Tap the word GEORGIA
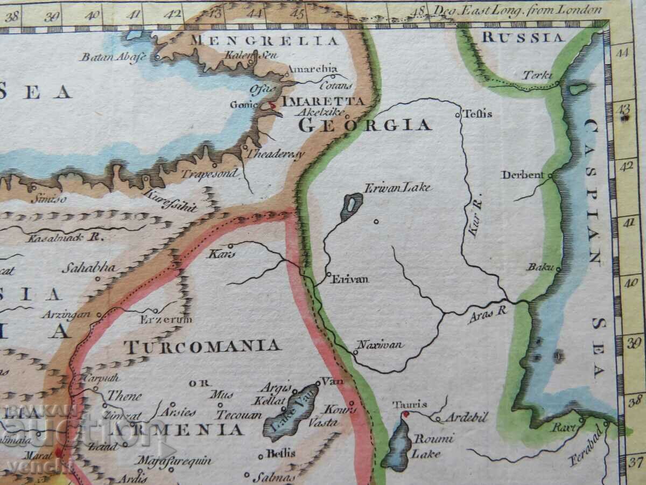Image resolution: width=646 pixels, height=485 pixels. coord(365,125)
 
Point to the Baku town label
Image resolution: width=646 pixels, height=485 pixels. coord(539,267)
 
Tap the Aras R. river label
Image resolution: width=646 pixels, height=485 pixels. coord(488,314)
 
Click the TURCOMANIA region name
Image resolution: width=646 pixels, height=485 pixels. coord(202,345)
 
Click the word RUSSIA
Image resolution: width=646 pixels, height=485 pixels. coord(523,37)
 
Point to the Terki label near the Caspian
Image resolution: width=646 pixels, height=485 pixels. coord(537,75)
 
